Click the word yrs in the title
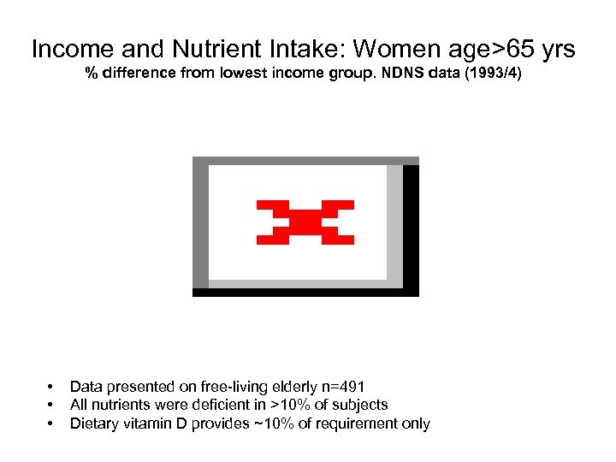554,50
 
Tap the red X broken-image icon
305,222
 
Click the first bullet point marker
51,388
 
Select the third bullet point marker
51,423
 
